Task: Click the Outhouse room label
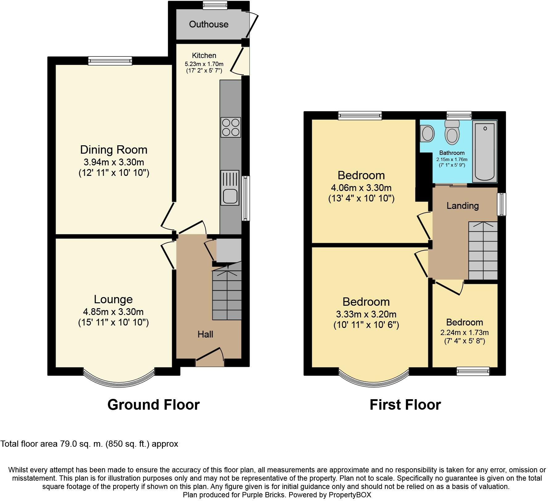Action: point(209,24)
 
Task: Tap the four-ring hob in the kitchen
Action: point(230,127)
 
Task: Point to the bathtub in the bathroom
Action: point(485,151)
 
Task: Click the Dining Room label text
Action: point(114,150)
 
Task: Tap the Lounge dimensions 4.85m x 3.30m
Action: point(114,312)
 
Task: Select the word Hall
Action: point(205,334)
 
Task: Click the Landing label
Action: point(463,206)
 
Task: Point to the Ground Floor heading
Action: point(153,404)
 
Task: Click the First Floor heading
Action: point(405,404)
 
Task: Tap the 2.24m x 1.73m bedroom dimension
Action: point(464,333)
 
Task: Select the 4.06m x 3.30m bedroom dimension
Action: point(361,188)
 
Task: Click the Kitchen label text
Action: point(204,56)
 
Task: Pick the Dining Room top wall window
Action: point(110,60)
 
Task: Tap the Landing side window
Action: point(502,204)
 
